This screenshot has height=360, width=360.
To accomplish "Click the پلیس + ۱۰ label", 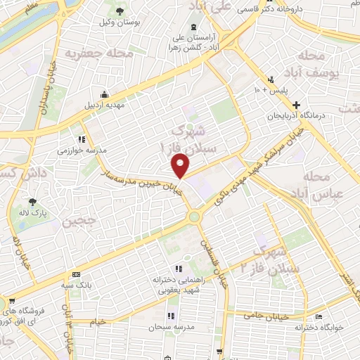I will [x=271, y=91].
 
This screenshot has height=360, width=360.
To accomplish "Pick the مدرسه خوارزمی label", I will [x=77, y=150].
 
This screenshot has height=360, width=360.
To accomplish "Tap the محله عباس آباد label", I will [x=326, y=184].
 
